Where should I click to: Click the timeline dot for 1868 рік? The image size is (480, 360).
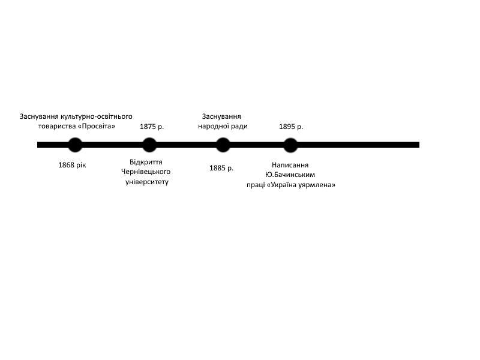click(75, 145)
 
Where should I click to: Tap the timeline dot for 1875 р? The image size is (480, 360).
click(149, 145)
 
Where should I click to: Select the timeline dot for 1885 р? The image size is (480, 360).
click(223, 145)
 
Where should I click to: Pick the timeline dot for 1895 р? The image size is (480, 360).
click(290, 145)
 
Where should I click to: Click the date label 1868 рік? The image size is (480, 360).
click(72, 165)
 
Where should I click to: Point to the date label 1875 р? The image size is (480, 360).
click(152, 127)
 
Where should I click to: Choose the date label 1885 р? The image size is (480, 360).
click(221, 168)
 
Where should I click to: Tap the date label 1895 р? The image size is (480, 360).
click(291, 127)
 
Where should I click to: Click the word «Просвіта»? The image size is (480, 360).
click(97, 126)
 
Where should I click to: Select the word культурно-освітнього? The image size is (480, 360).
click(97, 116)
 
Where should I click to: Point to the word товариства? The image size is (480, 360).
click(56, 127)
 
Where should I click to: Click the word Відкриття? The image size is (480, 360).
click(146, 162)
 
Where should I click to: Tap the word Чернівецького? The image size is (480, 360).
click(146, 172)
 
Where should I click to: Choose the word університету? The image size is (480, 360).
click(147, 182)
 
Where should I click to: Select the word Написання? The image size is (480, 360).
click(290, 165)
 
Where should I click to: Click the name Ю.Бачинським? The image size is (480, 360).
click(290, 175)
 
